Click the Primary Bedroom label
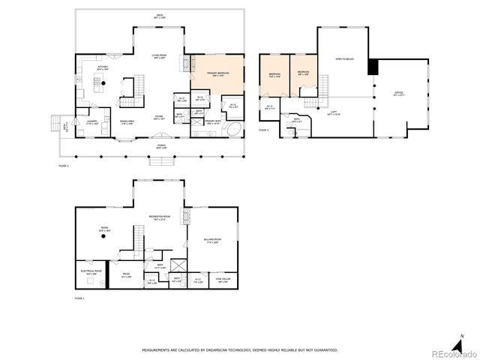217,73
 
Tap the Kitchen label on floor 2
103,67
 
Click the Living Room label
158,57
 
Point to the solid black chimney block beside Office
373,66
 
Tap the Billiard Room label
212,241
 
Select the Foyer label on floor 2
159,118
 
